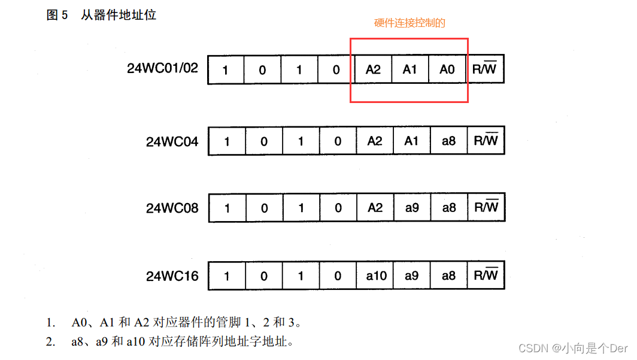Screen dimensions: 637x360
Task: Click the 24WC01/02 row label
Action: [162, 68]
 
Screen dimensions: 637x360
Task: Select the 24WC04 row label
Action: [172, 142]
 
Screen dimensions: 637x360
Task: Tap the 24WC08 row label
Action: [172, 208]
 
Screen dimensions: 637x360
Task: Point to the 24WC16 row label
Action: [172, 277]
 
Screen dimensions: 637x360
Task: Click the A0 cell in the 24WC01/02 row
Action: [447, 69]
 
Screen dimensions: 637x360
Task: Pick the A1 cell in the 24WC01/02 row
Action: [410, 69]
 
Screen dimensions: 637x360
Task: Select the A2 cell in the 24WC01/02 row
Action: [373, 69]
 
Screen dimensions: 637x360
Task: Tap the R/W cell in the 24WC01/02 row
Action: [485, 69]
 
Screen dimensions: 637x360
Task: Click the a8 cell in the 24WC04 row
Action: [448, 141]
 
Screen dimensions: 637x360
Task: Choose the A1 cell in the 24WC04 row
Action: [411, 141]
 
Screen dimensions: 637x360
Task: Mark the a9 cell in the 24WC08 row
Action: [411, 208]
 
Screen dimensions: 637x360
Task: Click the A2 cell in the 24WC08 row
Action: [375, 208]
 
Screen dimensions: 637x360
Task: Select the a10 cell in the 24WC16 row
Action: [376, 276]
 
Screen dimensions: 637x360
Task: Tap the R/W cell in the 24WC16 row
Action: [486, 276]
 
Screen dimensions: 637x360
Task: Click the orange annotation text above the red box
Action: [410, 23]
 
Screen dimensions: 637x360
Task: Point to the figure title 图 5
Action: [57, 16]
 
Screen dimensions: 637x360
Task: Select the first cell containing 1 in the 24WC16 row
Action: [226, 276]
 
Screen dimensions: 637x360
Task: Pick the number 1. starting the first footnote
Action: [51, 323]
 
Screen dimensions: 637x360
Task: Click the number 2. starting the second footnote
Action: [51, 343]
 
